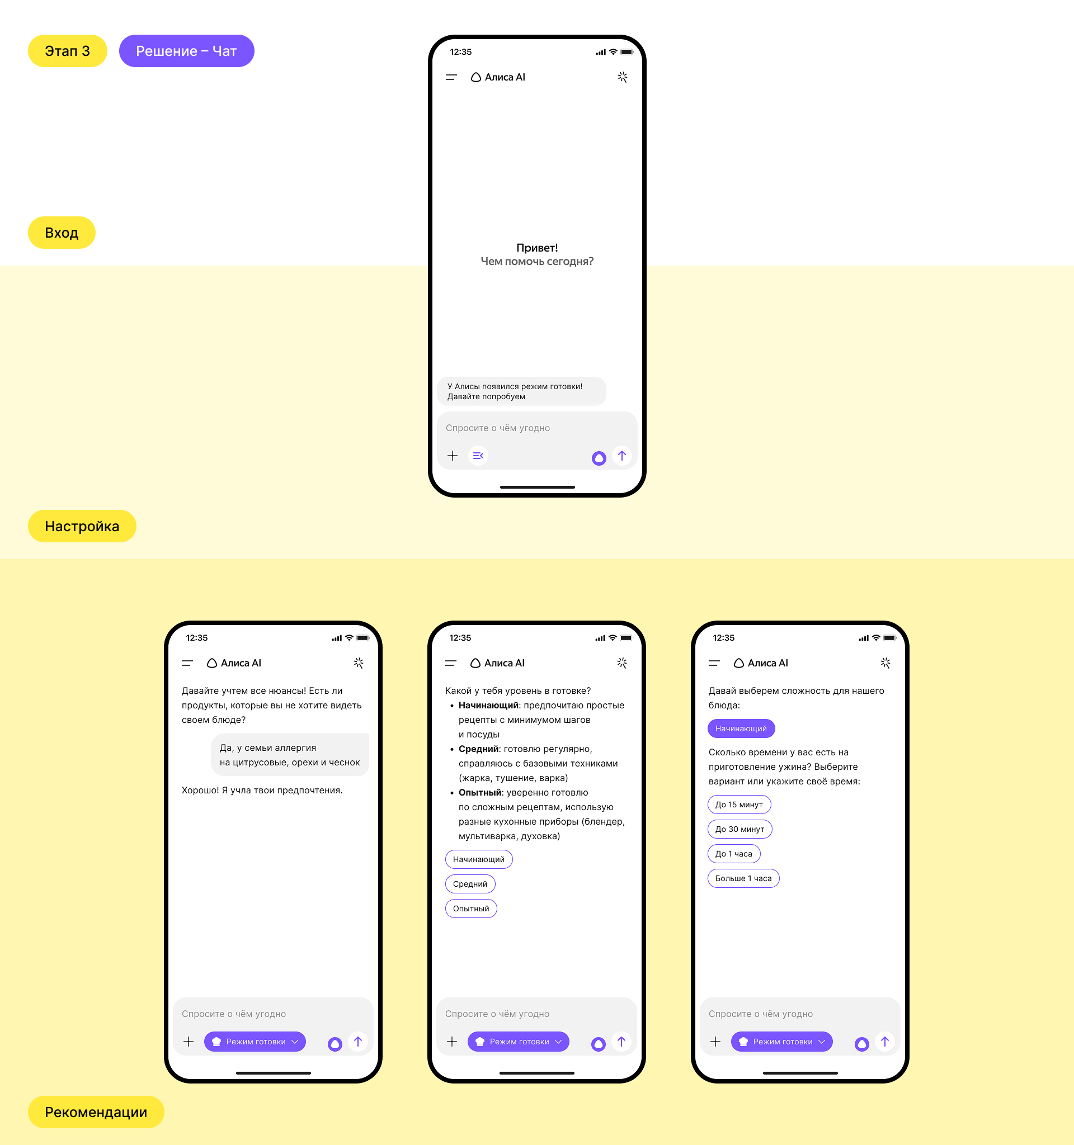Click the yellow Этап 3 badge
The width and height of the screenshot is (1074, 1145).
(x=68, y=51)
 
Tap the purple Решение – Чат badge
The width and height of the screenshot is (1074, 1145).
(x=186, y=51)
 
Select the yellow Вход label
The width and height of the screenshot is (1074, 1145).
(x=62, y=233)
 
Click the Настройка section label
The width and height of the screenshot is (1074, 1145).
(x=82, y=526)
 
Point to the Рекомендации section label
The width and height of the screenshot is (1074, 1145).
(x=96, y=1112)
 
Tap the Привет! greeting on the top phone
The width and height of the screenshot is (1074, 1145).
(x=537, y=248)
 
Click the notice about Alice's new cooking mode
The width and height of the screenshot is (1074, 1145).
(x=521, y=391)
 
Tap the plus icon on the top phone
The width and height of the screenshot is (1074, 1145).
(x=453, y=456)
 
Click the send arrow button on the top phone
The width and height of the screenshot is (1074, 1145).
(x=621, y=456)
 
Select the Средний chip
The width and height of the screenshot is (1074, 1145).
(x=470, y=883)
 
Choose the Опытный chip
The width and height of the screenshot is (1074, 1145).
(x=471, y=909)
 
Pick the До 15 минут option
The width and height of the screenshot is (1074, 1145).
(x=739, y=805)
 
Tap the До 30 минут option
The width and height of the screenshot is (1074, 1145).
(x=740, y=829)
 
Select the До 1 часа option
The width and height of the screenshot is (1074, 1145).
(x=734, y=854)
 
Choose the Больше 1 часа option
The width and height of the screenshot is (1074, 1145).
(x=743, y=878)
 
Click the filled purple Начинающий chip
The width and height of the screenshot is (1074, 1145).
(x=741, y=728)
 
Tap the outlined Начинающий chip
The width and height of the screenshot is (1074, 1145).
(x=479, y=859)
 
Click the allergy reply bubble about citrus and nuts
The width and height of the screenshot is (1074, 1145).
(x=290, y=755)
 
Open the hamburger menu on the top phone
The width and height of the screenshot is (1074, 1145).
(x=451, y=77)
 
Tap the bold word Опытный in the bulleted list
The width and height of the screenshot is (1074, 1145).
(x=480, y=793)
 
